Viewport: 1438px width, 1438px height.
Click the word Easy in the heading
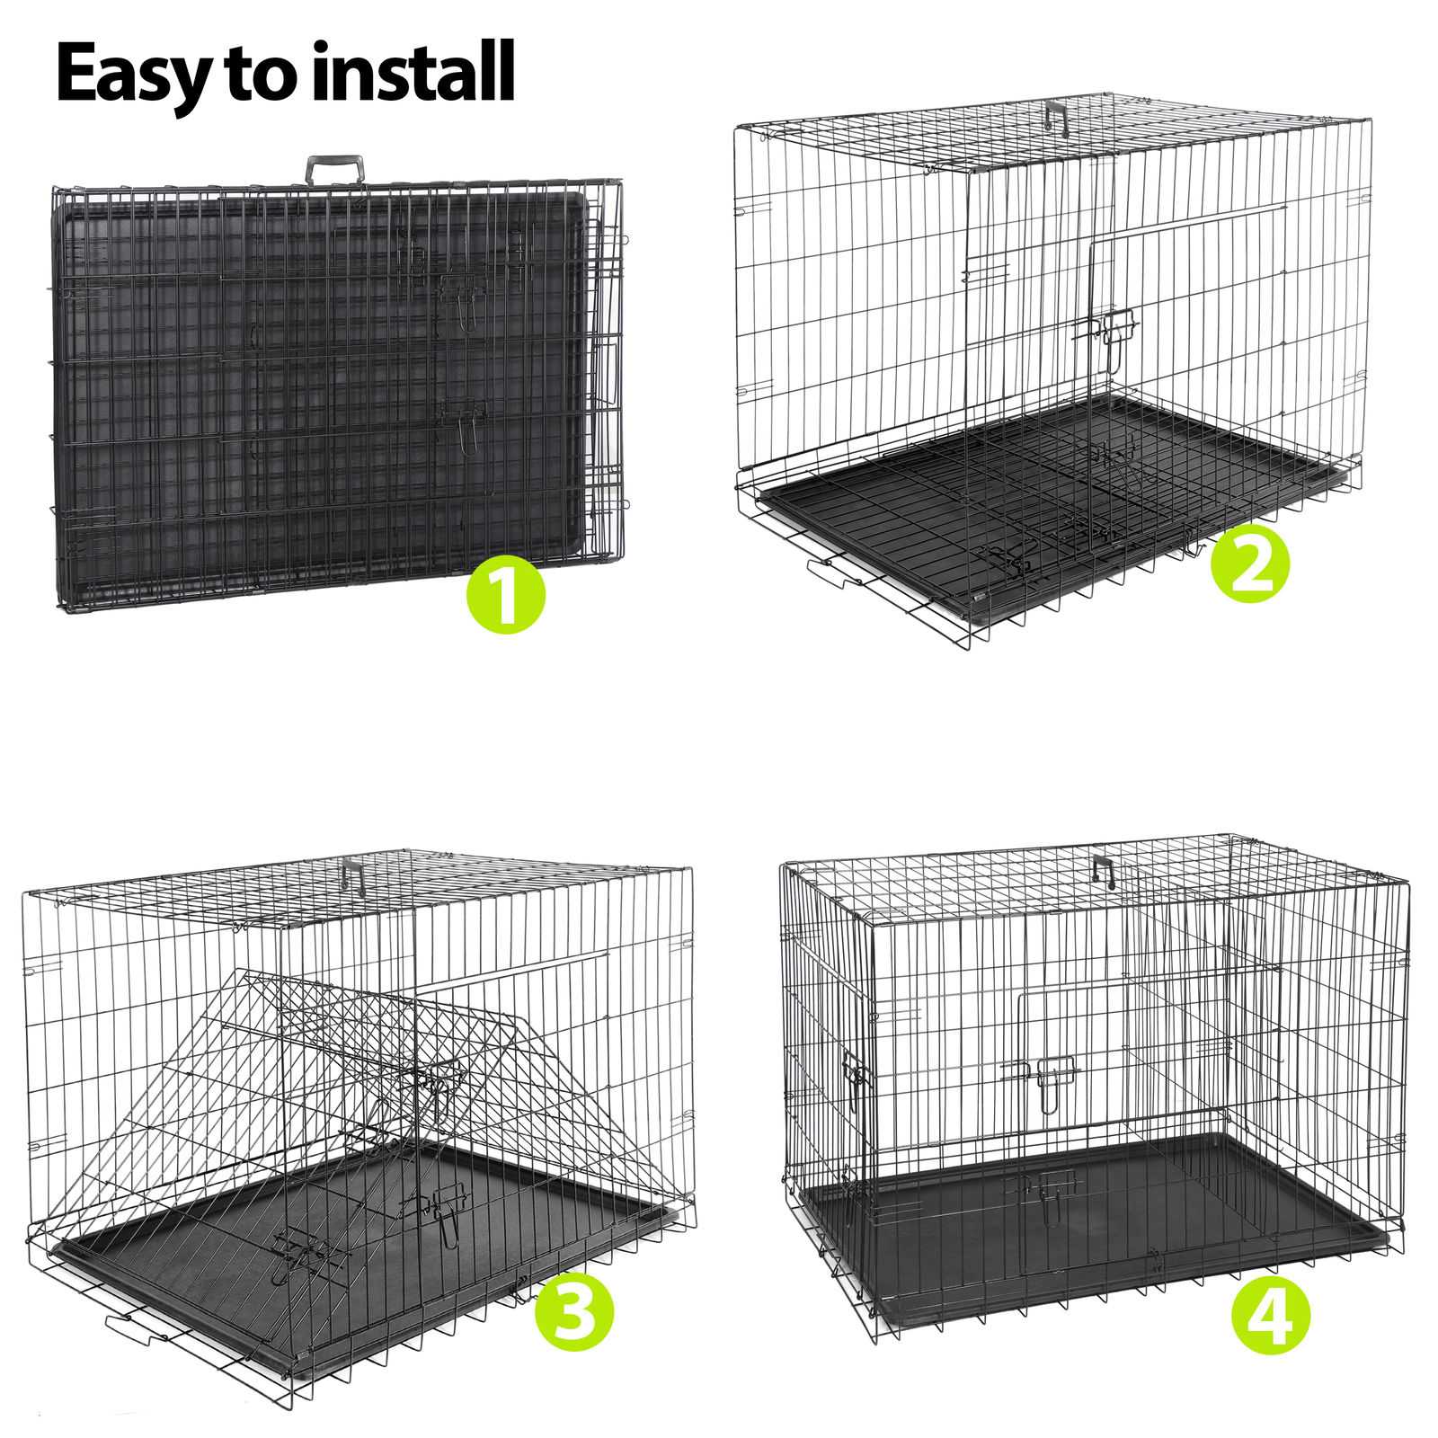click(x=135, y=74)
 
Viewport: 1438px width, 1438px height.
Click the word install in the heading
click(x=413, y=72)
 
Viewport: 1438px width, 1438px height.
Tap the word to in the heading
click(x=261, y=75)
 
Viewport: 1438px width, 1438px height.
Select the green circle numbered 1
click(x=506, y=594)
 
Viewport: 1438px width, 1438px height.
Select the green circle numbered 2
click(x=1250, y=564)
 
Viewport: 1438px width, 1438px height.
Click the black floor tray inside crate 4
click(x=1078, y=1231)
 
